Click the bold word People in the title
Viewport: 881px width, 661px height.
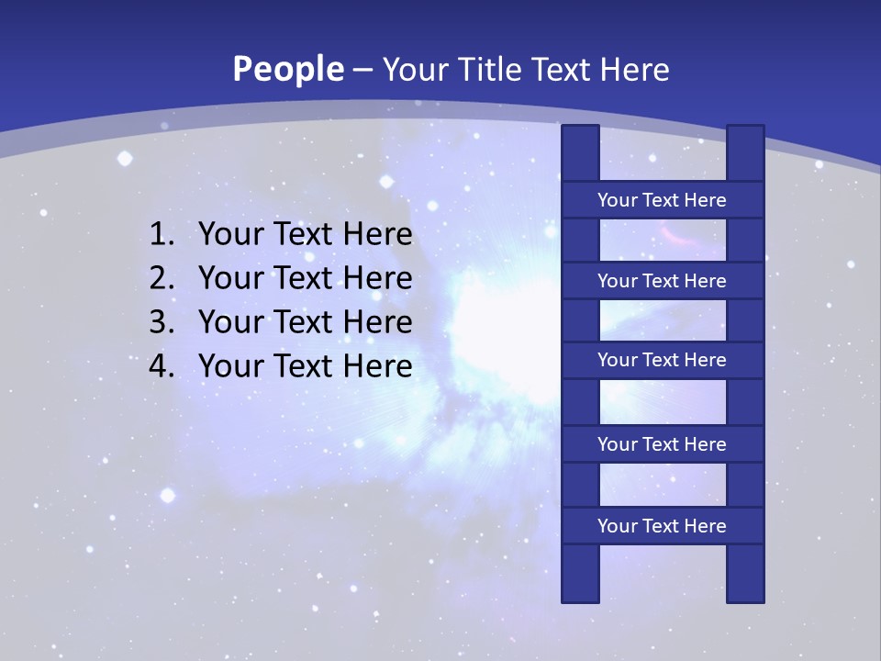point(288,70)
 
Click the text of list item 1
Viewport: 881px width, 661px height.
point(305,235)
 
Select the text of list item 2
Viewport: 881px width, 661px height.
point(305,278)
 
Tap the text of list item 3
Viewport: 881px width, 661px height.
point(305,322)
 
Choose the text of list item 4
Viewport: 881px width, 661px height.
point(305,366)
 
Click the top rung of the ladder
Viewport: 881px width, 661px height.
point(662,200)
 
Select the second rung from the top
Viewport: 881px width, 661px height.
point(662,281)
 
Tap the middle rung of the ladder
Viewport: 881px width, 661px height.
point(662,360)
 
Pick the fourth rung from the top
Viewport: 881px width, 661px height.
point(662,444)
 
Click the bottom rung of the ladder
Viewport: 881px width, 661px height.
point(662,526)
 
